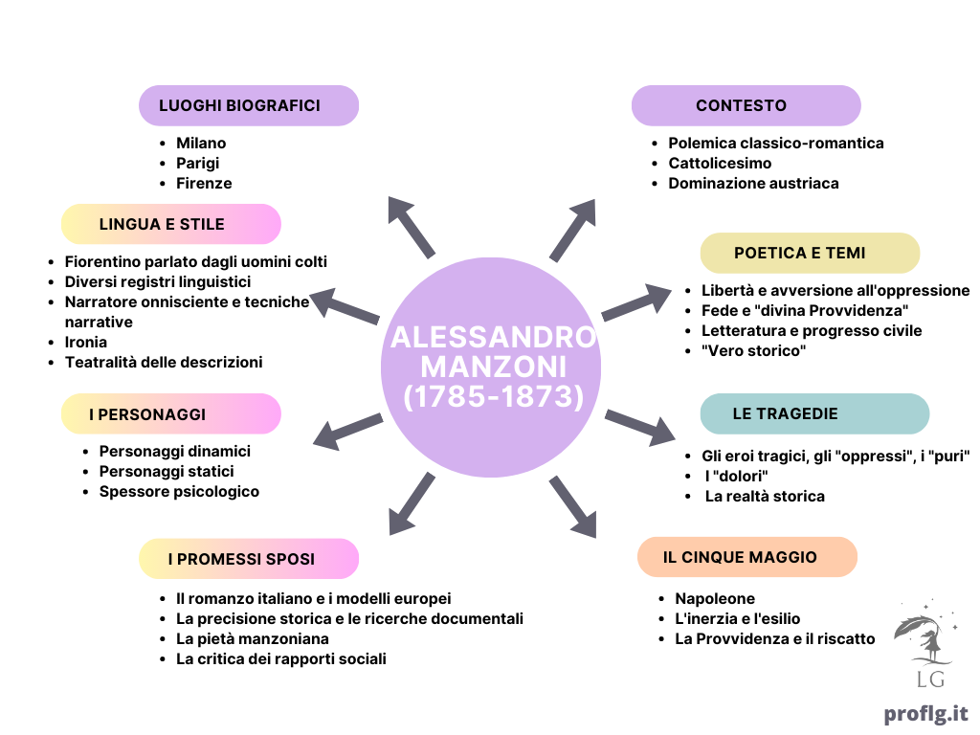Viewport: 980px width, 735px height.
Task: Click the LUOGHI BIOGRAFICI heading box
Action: tap(249, 105)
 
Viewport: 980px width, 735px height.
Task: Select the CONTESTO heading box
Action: tap(746, 105)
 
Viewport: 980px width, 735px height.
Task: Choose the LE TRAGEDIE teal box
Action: tap(815, 413)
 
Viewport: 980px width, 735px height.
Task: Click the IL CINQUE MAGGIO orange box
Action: tap(747, 557)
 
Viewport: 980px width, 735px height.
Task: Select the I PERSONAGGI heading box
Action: tap(171, 413)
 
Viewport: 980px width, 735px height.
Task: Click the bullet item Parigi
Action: tap(197, 163)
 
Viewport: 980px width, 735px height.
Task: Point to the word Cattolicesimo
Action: tap(720, 163)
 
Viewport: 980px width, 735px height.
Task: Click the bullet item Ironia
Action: tap(85, 342)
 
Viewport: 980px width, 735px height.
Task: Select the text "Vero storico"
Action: tap(754, 350)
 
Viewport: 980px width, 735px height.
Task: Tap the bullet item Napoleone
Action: tap(715, 599)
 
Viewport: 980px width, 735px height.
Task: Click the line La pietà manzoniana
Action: tap(253, 638)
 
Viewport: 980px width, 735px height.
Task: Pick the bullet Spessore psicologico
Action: tap(179, 492)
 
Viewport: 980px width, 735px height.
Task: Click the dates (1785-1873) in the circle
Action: tap(494, 396)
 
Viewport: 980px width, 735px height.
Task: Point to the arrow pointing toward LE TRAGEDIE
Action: tap(640, 428)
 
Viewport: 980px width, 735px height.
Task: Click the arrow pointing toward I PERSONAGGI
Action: tap(347, 432)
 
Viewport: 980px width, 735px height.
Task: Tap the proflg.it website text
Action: tap(925, 713)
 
